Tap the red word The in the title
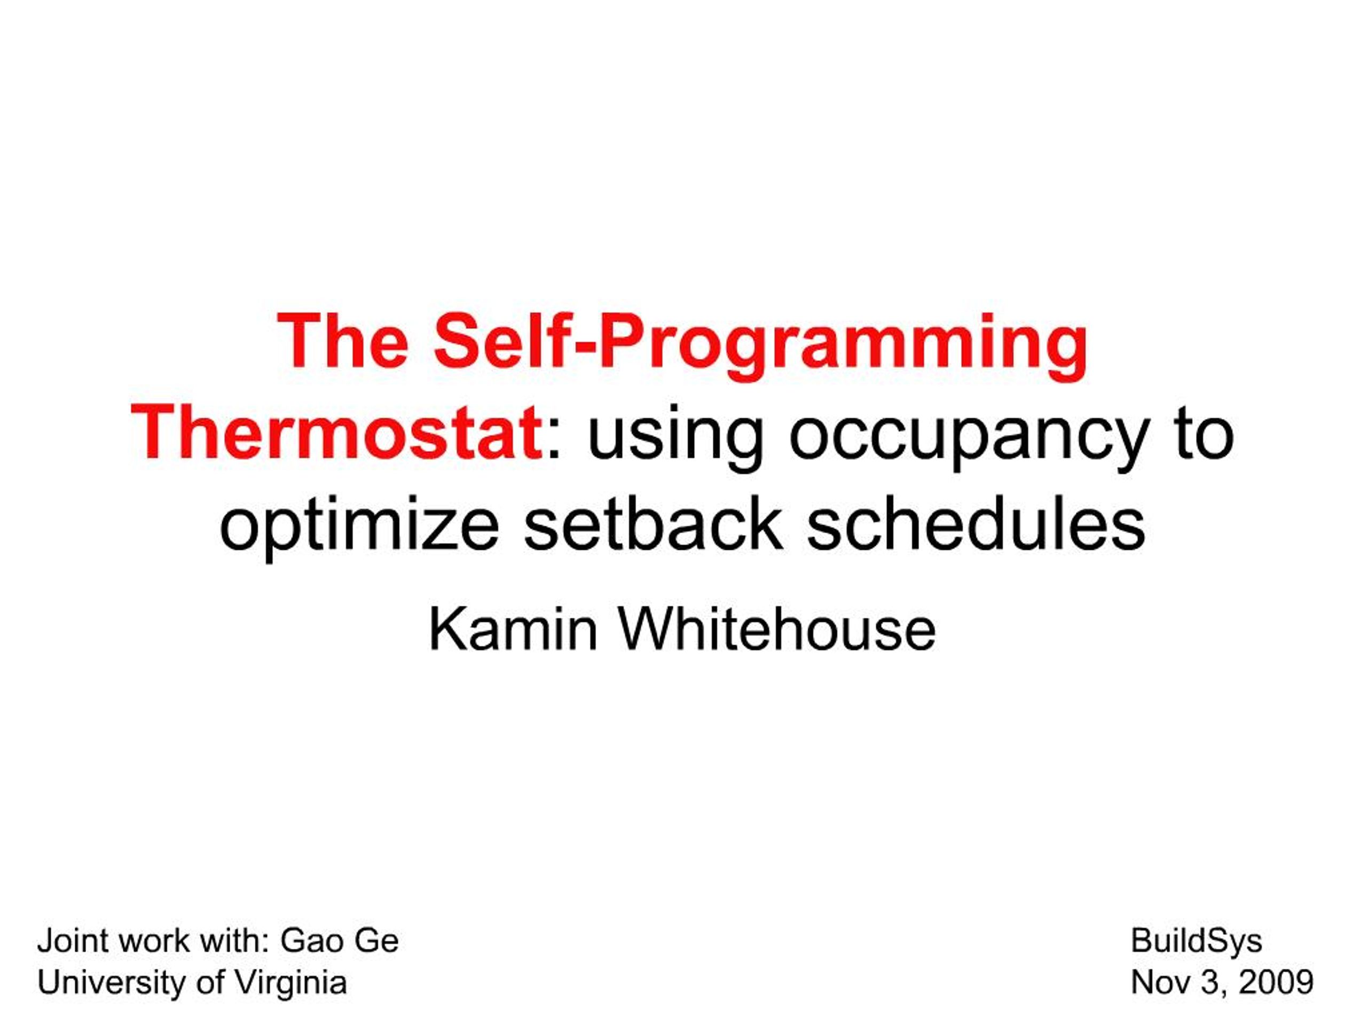343,341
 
